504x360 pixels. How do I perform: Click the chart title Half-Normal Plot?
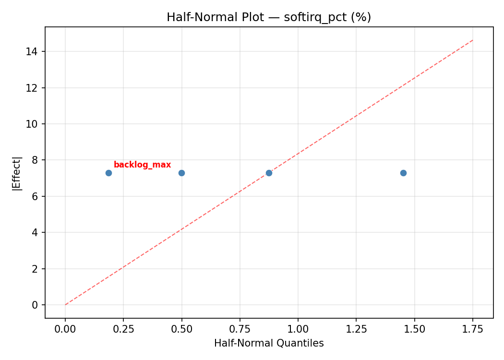269,17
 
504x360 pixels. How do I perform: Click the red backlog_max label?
142,165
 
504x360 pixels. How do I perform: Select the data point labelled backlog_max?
108,173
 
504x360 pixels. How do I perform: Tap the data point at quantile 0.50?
181,173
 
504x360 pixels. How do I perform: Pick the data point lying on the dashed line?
269,173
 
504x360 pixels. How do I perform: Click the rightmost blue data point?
403,173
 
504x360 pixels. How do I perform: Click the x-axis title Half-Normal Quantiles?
269,343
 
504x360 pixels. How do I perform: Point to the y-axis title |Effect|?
17,173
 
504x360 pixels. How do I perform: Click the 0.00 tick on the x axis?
65,329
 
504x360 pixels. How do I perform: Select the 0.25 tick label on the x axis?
123,329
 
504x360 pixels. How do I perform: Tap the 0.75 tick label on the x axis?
240,329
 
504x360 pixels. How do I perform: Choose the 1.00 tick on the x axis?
298,329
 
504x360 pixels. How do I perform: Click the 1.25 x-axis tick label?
356,329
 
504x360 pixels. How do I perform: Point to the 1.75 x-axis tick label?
472,329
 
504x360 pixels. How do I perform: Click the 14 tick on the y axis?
33,51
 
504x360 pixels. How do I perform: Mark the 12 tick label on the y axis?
33,88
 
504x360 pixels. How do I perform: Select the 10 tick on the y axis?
33,124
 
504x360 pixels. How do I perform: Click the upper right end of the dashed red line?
473,40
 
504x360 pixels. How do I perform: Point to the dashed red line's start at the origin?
65,305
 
